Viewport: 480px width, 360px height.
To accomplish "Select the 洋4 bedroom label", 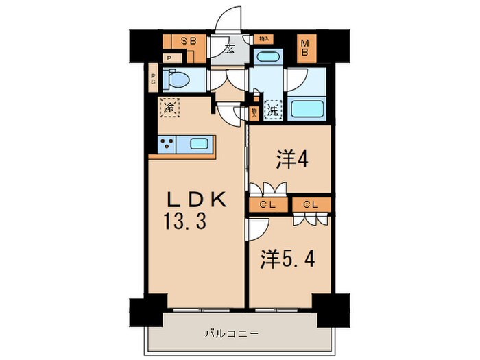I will pos(291,159).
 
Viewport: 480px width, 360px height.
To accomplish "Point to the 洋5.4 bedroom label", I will pos(288,260).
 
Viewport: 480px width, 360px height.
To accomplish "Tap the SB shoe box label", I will pos(188,41).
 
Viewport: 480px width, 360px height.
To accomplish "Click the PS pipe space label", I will pos(153,80).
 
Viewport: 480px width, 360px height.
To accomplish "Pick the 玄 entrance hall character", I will pos(230,49).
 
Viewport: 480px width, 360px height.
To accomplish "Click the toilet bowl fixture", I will pos(178,81).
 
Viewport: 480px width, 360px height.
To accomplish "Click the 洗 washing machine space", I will pos(273,108).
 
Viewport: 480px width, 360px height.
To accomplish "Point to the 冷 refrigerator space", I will pos(169,107).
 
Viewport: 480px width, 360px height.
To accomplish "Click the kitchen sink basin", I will pos(200,144).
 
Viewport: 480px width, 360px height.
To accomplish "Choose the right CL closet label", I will pos(310,204).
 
